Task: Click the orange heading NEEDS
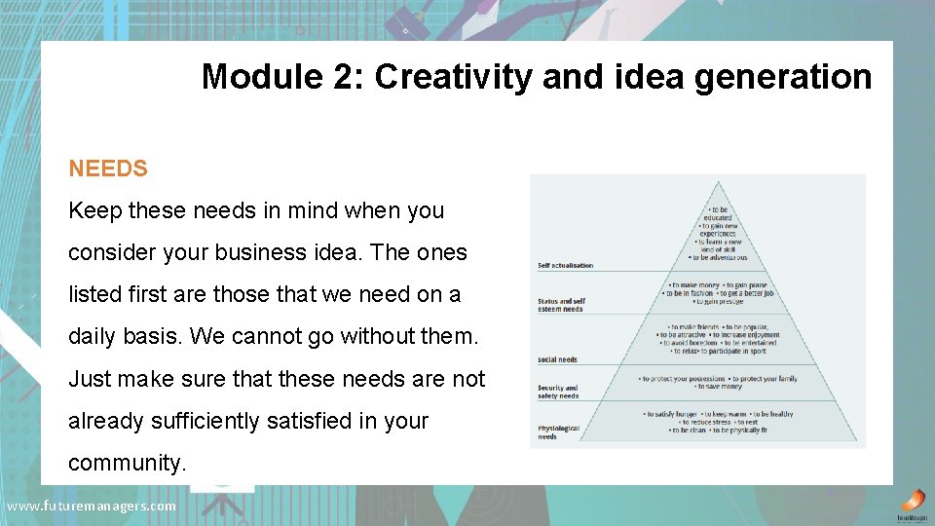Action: click(108, 169)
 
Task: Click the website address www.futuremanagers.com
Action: click(92, 506)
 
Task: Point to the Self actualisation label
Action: click(565, 265)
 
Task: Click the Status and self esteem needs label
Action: click(561, 306)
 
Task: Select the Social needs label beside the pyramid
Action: click(557, 359)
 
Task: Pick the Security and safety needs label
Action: click(559, 392)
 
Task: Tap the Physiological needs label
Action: click(558, 432)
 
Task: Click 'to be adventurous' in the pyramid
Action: click(719, 257)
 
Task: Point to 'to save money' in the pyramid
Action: click(719, 387)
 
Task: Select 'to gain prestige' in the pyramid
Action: click(719, 301)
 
